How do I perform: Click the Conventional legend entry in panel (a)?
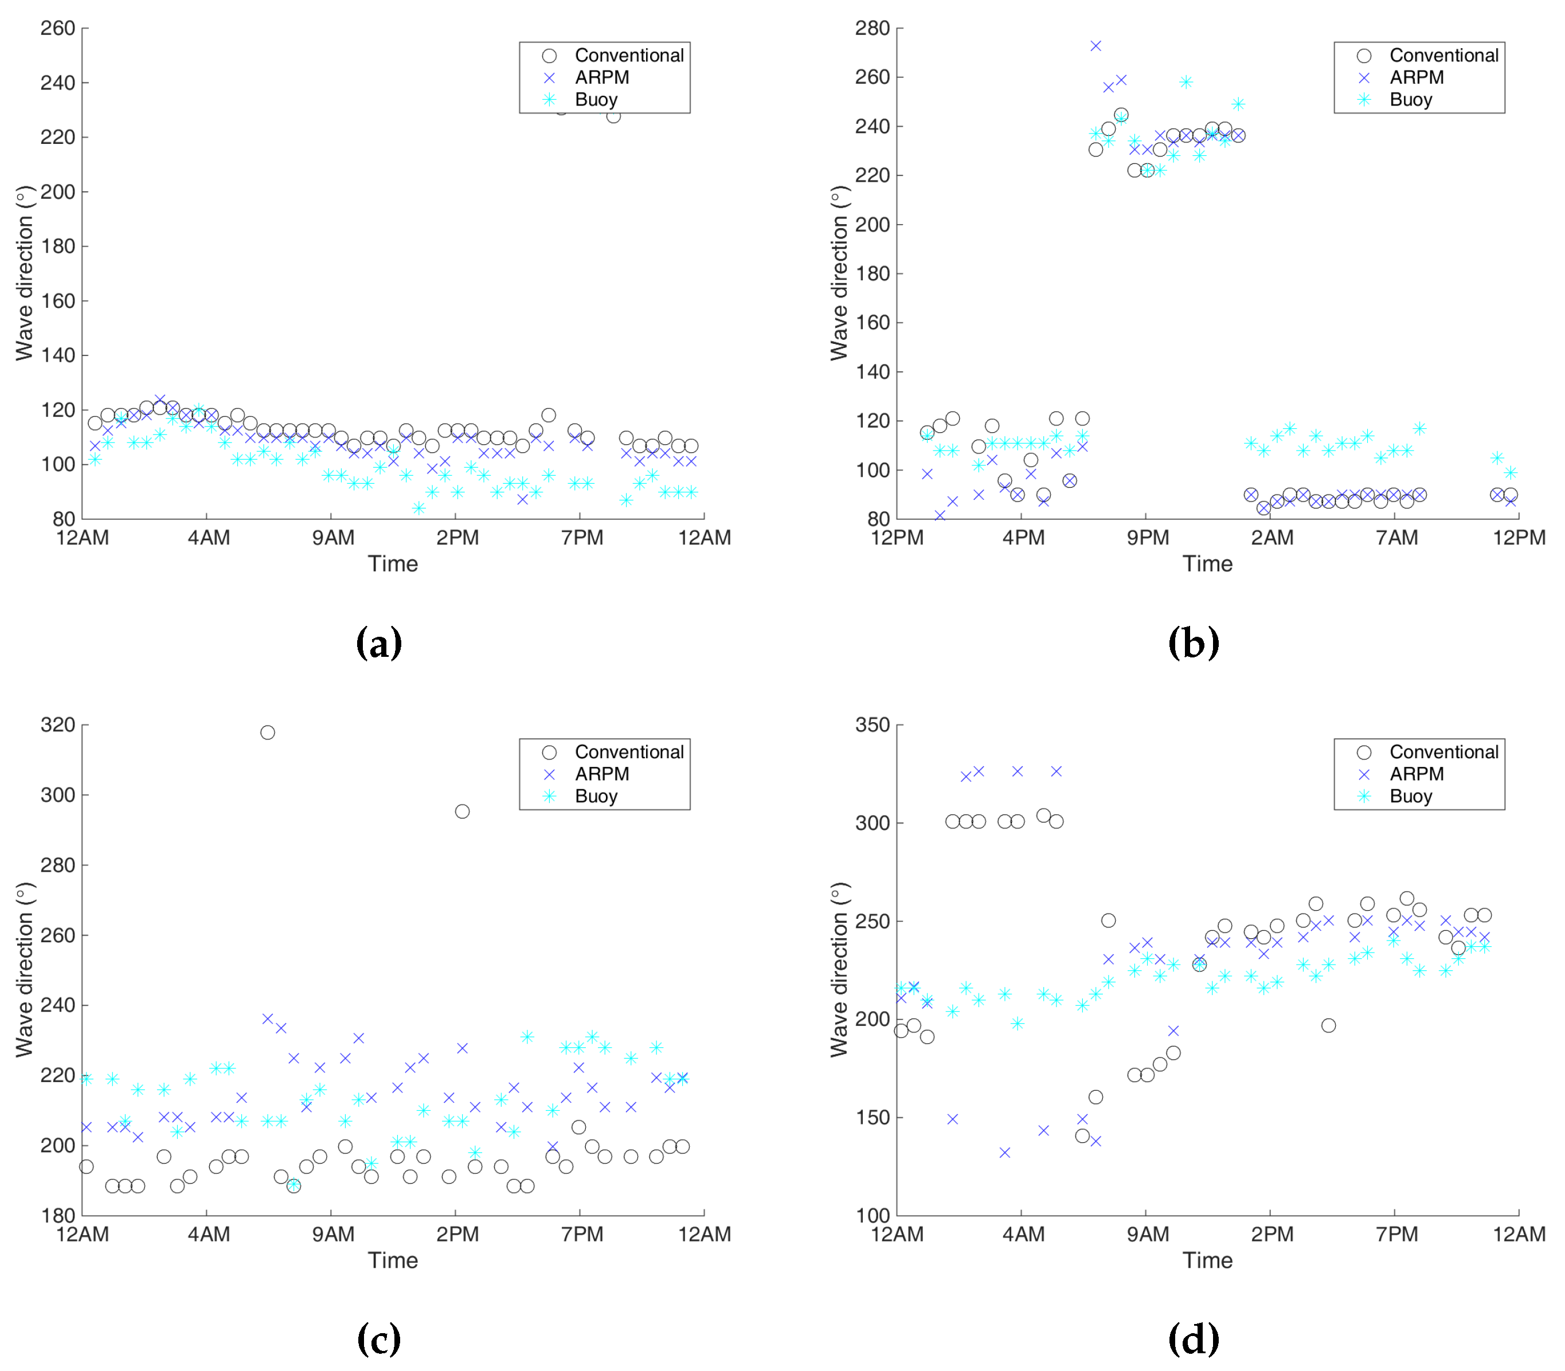628,56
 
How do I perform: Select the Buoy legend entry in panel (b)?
1410,100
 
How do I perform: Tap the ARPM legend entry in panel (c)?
601,774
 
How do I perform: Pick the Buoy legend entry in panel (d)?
1410,797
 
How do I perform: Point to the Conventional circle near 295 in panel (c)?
462,812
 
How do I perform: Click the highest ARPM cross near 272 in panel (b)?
1095,46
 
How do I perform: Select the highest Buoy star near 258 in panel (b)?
1186,82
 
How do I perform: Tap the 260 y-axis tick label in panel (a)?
57,28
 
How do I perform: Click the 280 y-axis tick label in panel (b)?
873,28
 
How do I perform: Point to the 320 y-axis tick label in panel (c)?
57,724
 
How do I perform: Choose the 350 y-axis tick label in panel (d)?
873,724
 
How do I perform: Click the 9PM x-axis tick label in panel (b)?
1147,538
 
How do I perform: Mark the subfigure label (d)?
1193,1339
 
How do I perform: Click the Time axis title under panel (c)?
393,1260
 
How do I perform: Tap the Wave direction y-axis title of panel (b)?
839,273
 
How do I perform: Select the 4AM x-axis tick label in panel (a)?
208,538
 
